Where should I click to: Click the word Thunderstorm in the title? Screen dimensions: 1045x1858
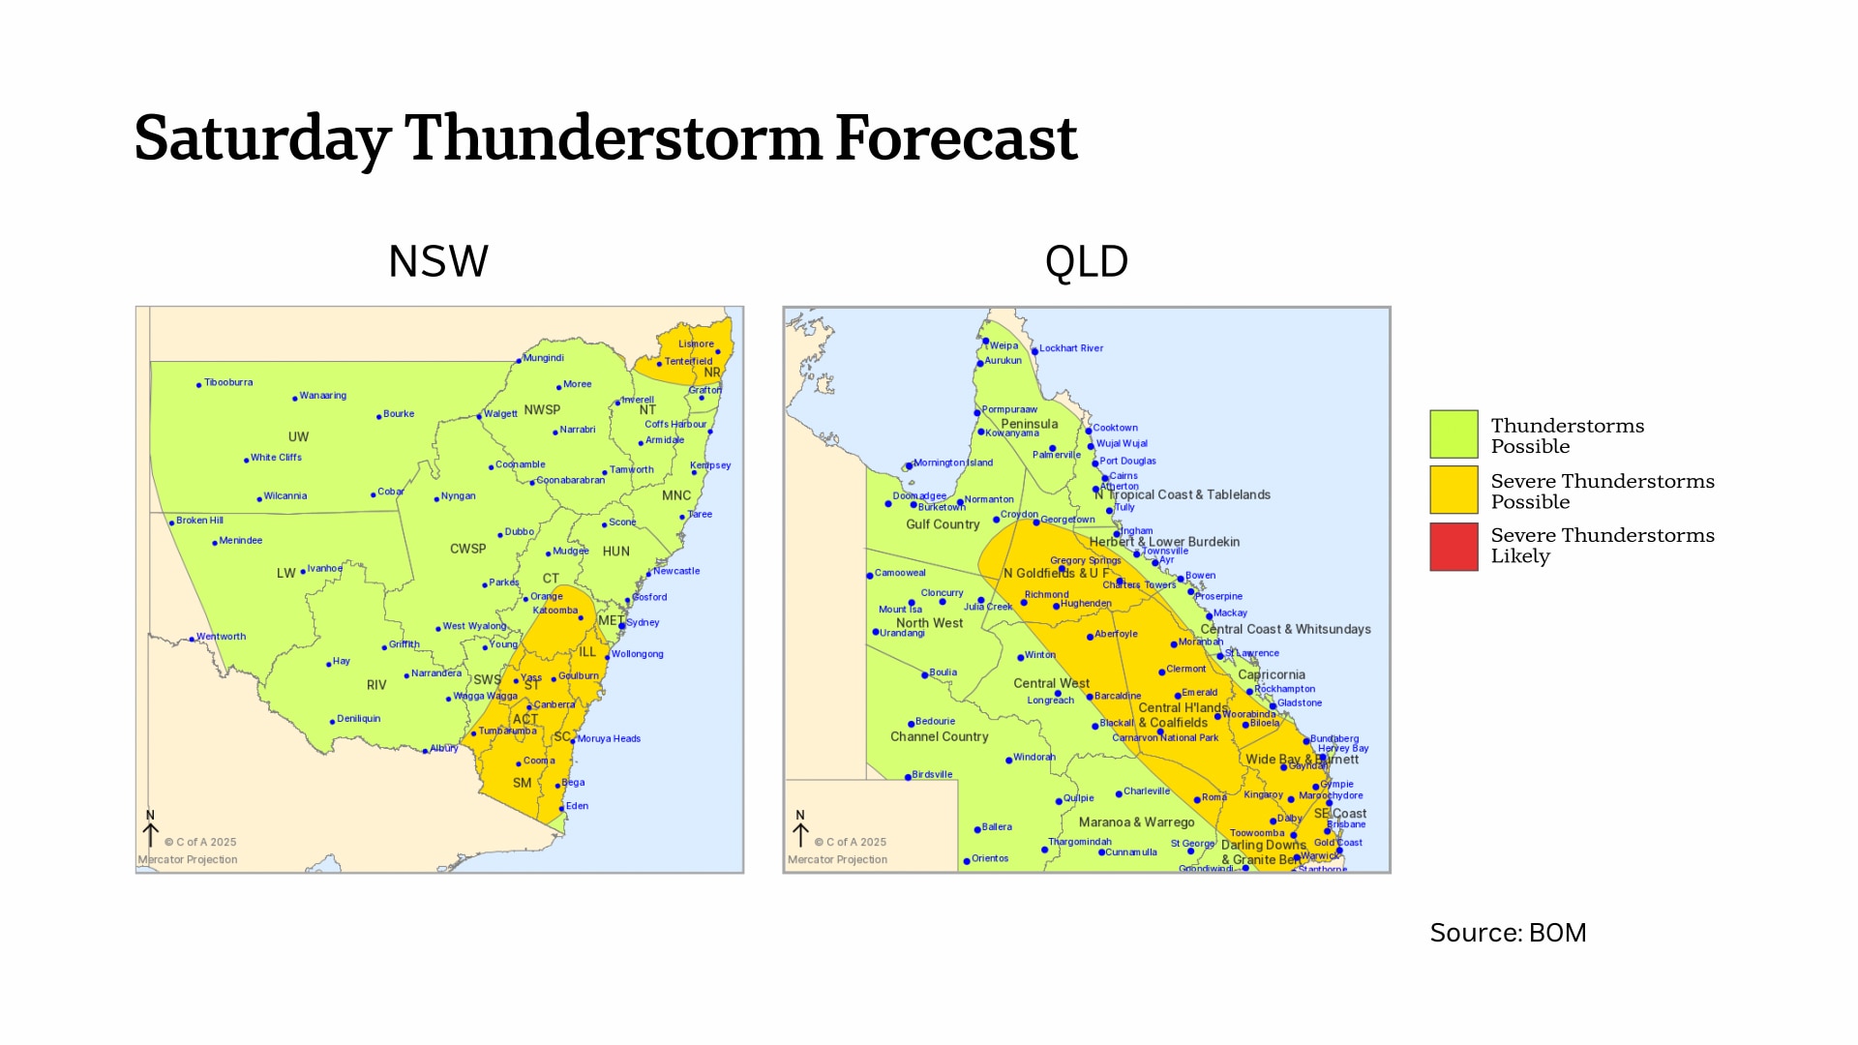[614, 138]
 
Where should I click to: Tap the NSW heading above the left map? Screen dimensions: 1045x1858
[438, 261]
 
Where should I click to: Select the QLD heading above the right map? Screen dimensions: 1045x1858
[1086, 261]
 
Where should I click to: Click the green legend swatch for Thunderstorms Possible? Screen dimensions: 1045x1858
[1453, 433]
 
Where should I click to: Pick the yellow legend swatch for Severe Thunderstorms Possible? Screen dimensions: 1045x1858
[1453, 490]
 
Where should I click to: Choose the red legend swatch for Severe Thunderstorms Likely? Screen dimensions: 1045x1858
[1453, 547]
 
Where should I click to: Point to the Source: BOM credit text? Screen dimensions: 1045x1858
[1508, 933]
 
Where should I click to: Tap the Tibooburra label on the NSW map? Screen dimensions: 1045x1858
[228, 382]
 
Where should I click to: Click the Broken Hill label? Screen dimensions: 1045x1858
[199, 521]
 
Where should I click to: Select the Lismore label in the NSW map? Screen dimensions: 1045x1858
[696, 343]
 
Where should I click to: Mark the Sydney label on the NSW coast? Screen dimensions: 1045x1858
[643, 622]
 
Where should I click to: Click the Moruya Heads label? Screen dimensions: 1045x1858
[609, 738]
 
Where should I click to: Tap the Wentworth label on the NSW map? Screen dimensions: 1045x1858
[221, 637]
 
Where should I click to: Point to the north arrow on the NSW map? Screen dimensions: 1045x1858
[150, 830]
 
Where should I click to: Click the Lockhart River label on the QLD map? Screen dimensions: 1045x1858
[1070, 348]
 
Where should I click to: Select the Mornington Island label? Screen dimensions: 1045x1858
[952, 463]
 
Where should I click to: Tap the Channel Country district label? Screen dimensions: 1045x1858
[939, 737]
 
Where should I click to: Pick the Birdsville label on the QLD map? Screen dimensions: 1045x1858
[932, 775]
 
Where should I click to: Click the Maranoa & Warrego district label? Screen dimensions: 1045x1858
[1136, 822]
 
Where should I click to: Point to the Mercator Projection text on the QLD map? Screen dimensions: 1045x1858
[837, 859]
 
